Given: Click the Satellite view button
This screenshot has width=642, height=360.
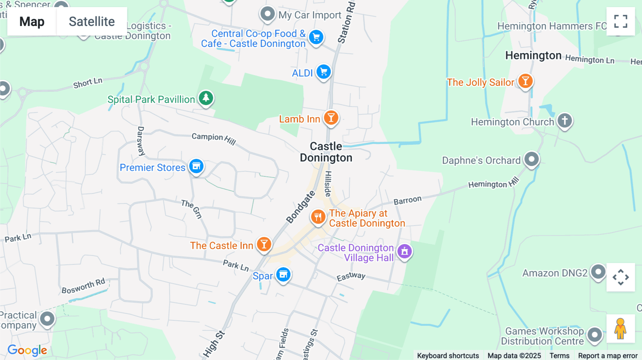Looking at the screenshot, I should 92,21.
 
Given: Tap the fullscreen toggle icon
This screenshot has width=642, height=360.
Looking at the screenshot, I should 621,21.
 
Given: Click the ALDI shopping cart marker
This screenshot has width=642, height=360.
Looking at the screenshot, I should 323,72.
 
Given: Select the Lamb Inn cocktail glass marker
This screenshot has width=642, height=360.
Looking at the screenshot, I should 331,118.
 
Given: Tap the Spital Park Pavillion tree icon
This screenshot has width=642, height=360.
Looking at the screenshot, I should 206,98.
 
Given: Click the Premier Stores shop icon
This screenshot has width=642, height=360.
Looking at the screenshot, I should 196,166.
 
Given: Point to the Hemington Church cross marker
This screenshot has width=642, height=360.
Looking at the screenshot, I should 565,120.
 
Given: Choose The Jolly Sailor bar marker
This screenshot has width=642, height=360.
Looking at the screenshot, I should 525,81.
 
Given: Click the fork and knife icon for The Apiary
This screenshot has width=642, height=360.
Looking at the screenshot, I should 318,217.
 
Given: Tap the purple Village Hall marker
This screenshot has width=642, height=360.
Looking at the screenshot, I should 404,251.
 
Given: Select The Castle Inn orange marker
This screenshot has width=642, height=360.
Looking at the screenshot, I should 264,245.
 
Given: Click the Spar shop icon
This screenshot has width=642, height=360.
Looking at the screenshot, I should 284,275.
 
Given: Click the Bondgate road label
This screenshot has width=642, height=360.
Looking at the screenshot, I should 300,207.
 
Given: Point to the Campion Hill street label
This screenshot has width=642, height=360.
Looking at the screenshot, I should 214,139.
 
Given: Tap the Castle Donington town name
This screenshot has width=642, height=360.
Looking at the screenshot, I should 326,152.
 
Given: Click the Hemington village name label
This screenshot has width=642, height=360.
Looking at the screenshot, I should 533,56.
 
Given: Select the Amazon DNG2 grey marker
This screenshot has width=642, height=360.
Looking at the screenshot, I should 598,272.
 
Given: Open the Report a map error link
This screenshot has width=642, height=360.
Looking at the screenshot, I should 608,355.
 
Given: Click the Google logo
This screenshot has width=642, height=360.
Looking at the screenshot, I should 27,350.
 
